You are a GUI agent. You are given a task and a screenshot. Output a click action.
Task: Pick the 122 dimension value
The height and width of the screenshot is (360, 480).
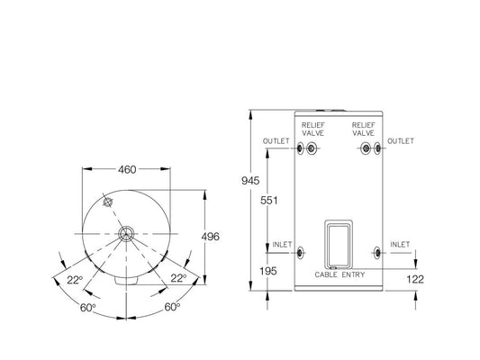pyautogui.click(x=416, y=279)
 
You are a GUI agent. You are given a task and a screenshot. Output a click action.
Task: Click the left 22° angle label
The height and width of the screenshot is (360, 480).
pyautogui.click(x=74, y=279)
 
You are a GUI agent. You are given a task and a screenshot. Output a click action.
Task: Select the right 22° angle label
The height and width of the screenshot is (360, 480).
pyautogui.click(x=178, y=279)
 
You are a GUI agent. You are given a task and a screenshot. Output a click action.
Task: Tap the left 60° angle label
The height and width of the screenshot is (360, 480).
pyautogui.click(x=86, y=308)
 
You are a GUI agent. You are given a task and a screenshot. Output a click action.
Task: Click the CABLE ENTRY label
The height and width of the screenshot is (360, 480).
pyautogui.click(x=340, y=274)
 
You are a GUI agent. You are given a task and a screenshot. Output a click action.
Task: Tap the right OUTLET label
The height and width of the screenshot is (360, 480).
pyautogui.click(x=401, y=141)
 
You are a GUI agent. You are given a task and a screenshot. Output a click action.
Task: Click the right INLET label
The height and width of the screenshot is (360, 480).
pyautogui.click(x=399, y=244)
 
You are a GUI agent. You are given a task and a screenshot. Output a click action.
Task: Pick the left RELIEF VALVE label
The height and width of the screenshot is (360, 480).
pyautogui.click(x=313, y=129)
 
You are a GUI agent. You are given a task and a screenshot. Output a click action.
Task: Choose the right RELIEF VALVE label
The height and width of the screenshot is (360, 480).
pyautogui.click(x=364, y=129)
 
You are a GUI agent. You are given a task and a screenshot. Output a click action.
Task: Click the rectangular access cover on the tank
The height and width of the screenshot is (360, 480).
pyautogui.click(x=340, y=243)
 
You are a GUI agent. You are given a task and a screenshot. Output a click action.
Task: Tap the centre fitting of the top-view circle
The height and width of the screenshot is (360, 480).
pyautogui.click(x=124, y=233)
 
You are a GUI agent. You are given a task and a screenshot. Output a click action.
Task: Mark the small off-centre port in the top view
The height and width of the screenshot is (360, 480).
pyautogui.click(x=107, y=202)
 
